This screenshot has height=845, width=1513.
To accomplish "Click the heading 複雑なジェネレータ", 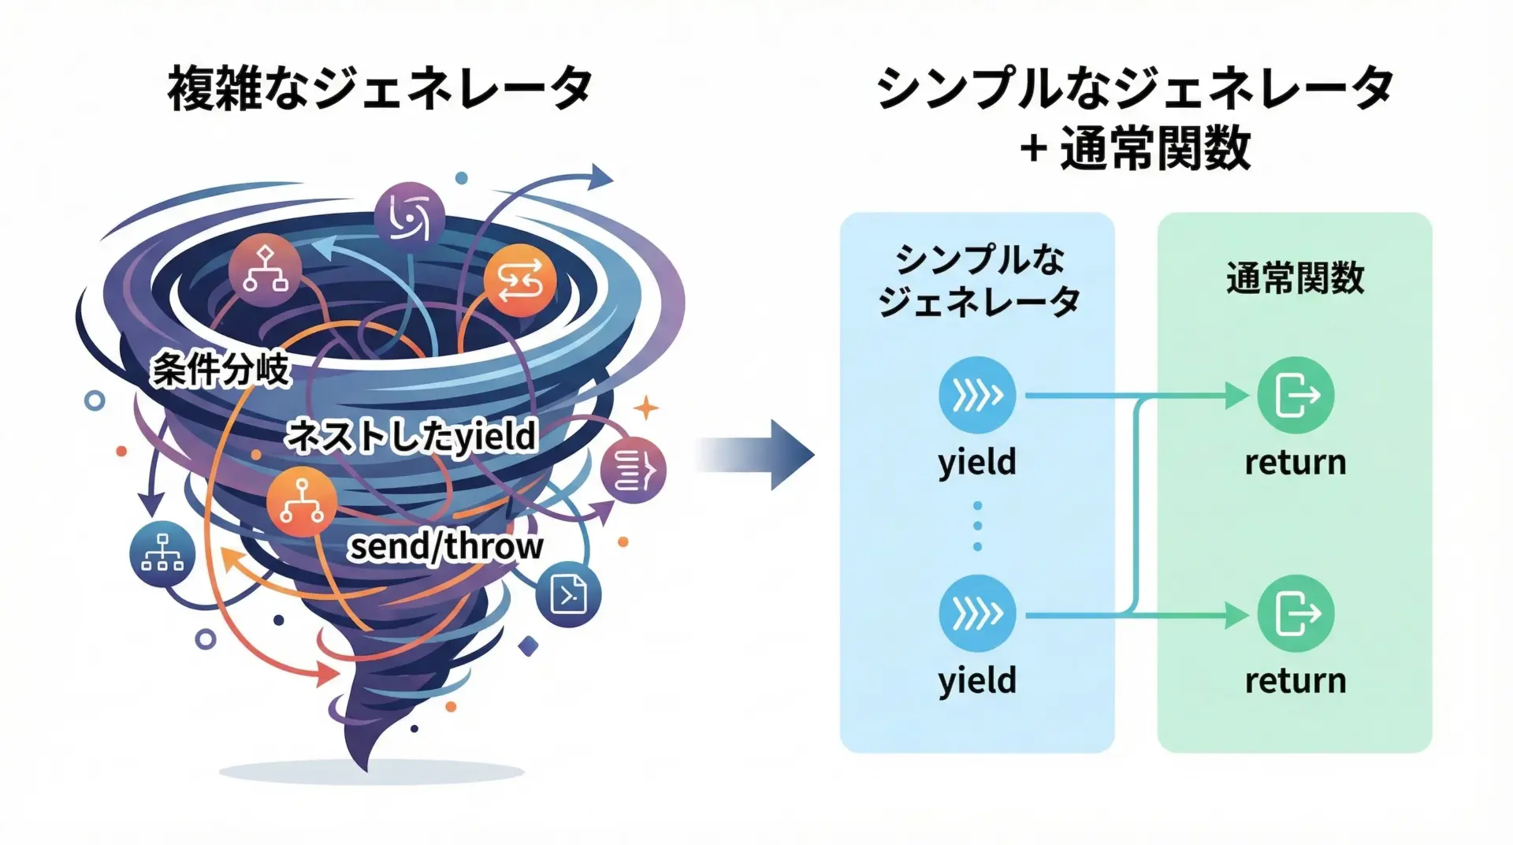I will (x=380, y=88).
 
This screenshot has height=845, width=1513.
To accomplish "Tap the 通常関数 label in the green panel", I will (x=1295, y=278).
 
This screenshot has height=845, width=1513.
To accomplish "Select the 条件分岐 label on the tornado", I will (x=221, y=369).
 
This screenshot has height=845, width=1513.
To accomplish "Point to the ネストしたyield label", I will (x=411, y=436).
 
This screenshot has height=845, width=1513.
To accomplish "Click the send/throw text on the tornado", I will (x=446, y=546).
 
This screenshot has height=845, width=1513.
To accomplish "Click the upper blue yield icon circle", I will (x=977, y=395).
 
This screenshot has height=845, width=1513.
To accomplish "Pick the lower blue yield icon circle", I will (x=977, y=613).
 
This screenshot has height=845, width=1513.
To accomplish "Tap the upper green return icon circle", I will (x=1296, y=395).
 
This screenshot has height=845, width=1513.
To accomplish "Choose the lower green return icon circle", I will (x=1296, y=613).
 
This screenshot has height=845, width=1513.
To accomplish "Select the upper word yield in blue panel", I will (x=977, y=462).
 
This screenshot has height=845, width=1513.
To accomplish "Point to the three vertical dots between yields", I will (x=977, y=526).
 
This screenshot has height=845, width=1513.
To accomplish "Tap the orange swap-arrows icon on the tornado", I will (x=519, y=281).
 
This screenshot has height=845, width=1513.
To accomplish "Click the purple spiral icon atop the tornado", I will (x=409, y=215).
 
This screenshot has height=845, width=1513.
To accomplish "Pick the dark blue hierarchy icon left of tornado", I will (x=162, y=553).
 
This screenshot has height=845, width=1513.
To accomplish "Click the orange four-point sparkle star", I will (x=646, y=408).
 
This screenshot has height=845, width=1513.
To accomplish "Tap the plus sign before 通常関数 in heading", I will (x=1033, y=148).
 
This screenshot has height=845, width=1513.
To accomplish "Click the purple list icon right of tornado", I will (x=633, y=471).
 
